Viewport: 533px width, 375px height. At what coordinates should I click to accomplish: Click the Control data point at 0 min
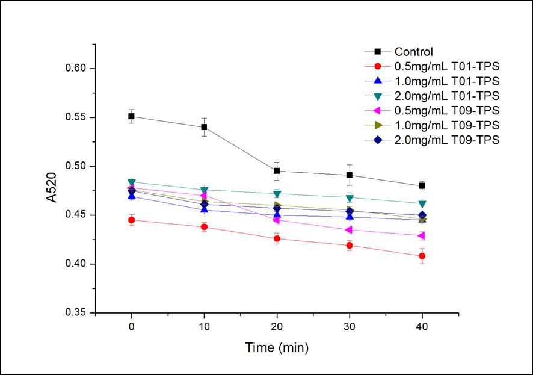[x=131, y=116]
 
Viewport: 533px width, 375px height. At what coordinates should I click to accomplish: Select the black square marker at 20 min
[x=277, y=171]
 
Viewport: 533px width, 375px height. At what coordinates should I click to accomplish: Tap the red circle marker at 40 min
[x=422, y=256]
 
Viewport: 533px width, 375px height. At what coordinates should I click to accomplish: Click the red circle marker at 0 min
[x=131, y=220]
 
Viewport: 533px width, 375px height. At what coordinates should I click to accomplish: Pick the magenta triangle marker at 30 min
[x=349, y=230]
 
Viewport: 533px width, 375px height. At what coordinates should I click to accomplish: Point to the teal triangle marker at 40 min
[x=422, y=204]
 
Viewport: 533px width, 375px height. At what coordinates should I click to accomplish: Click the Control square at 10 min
[x=204, y=127]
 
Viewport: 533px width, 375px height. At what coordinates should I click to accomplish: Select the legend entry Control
[x=414, y=52]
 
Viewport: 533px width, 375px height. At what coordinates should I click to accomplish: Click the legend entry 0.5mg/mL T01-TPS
[x=447, y=66]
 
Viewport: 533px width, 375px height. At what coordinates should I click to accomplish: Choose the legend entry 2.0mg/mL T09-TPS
[x=447, y=140]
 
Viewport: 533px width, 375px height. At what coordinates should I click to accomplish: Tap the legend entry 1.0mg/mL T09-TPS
[x=447, y=125]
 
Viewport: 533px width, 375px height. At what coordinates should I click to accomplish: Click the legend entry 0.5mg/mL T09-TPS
[x=447, y=110]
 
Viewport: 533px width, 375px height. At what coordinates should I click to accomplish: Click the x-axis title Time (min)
[x=277, y=347]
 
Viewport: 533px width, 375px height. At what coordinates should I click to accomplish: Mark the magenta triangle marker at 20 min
[x=276, y=220]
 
